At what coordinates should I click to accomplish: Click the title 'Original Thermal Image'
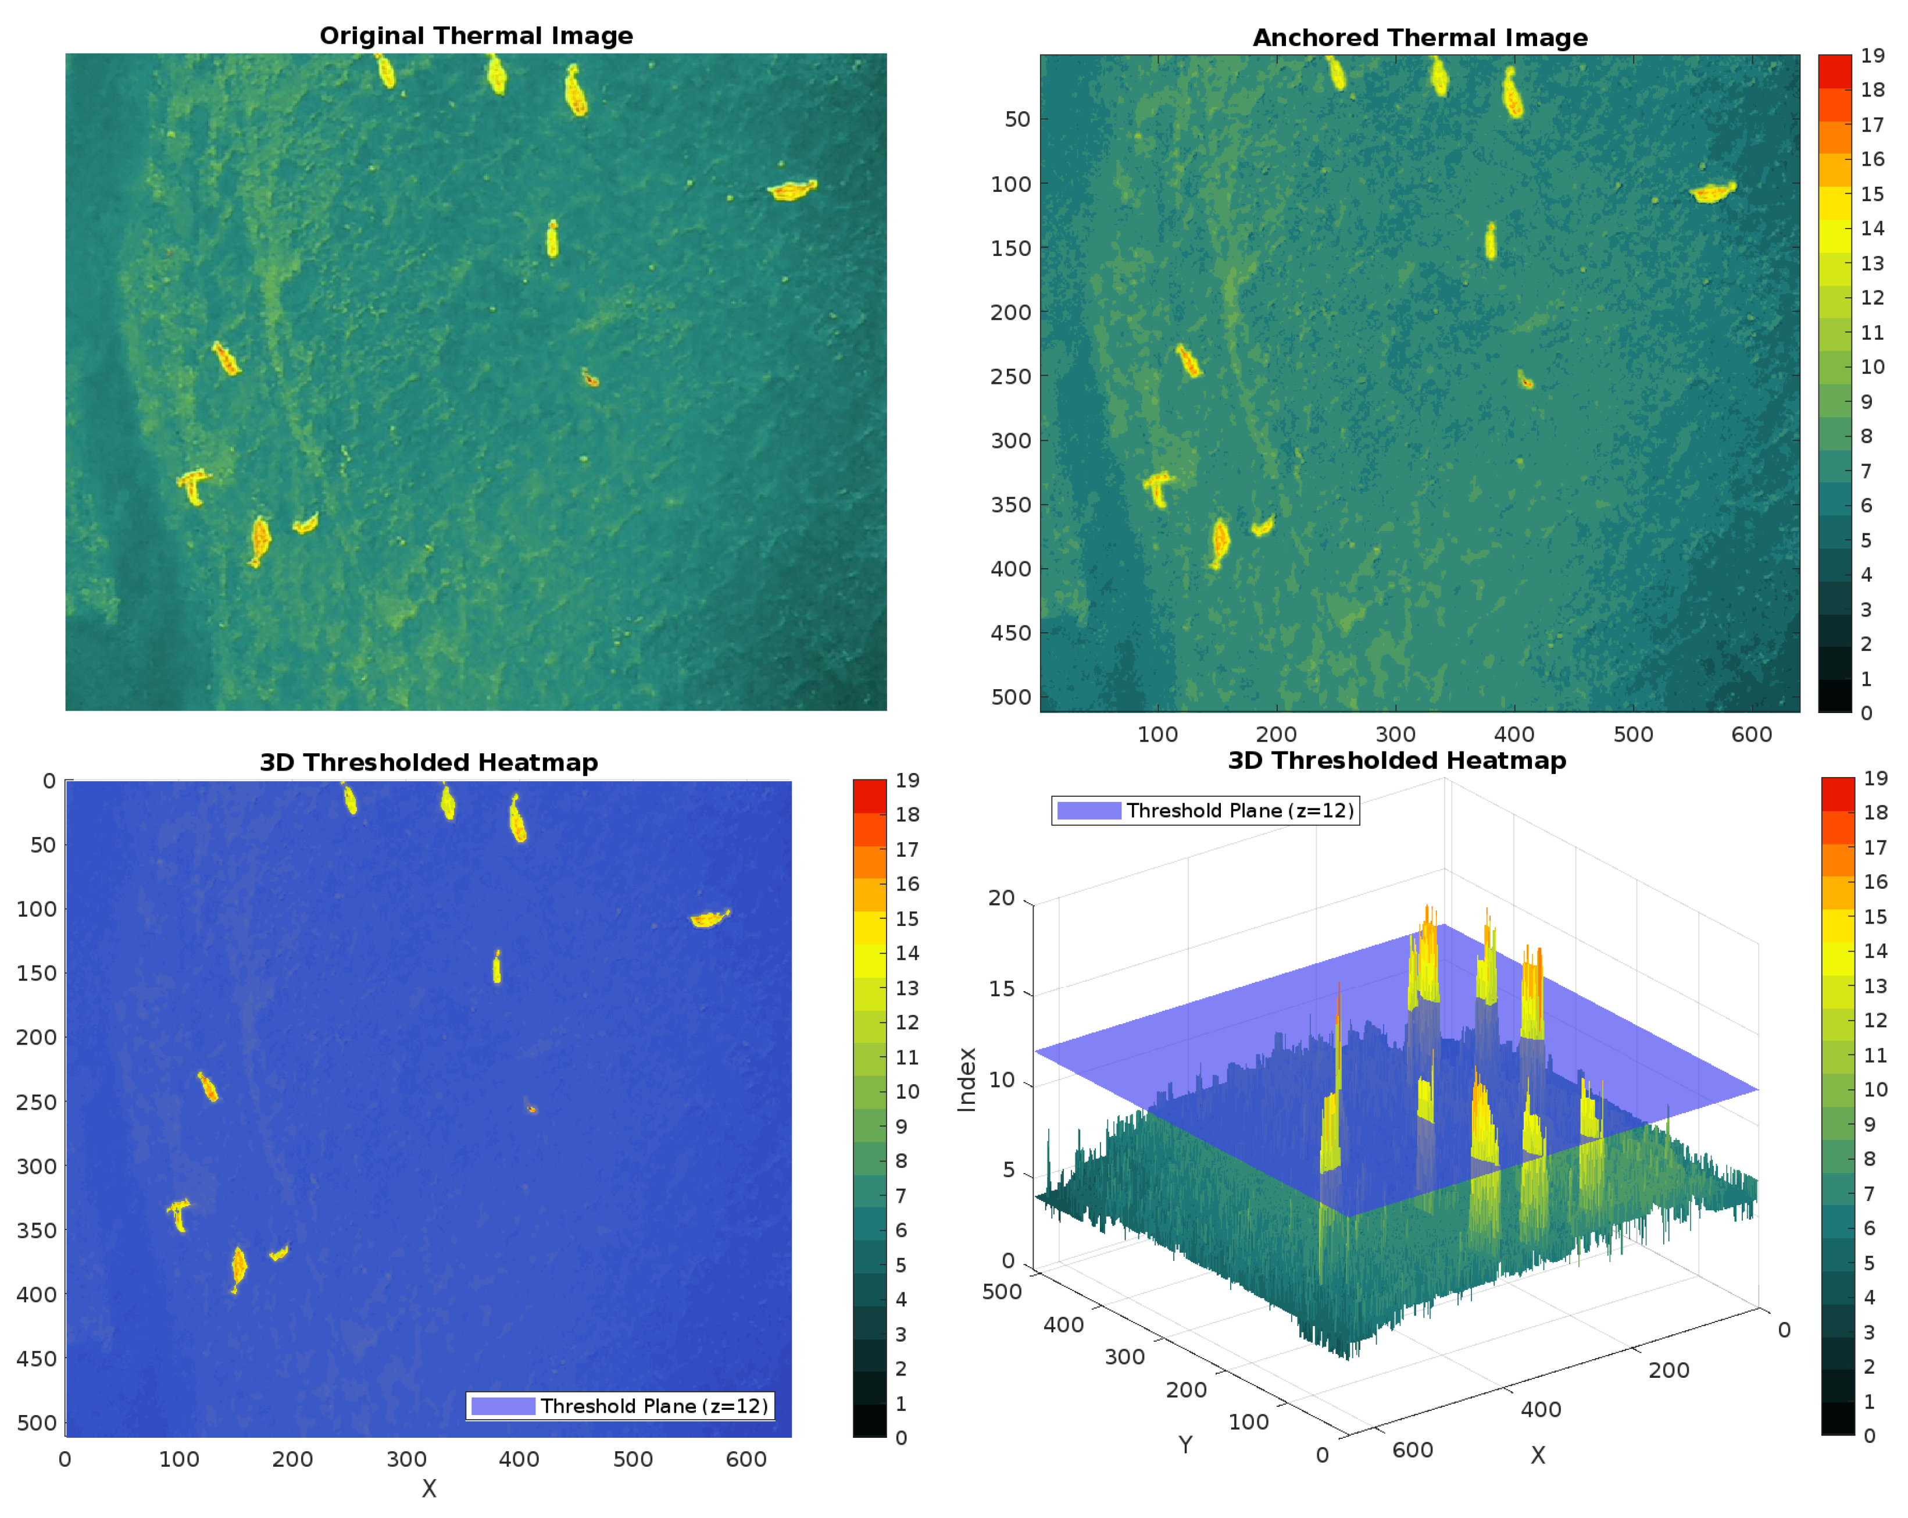pos(476,35)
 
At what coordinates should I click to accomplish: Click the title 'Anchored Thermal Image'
pos(1420,38)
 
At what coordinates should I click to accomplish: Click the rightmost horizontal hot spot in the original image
pos(792,190)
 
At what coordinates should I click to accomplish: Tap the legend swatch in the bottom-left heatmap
pos(503,1406)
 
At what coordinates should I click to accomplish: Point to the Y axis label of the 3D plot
pos(1185,1445)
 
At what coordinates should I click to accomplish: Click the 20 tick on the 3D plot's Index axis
pos(1001,897)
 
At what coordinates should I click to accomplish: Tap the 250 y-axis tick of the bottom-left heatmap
pos(35,1102)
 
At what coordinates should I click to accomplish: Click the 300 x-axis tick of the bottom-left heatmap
pos(406,1459)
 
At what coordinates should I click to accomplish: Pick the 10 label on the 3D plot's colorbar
pos(1875,1089)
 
